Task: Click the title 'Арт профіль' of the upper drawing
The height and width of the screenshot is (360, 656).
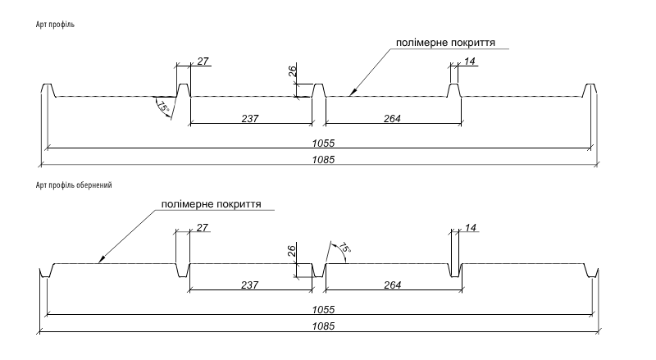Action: pyautogui.click(x=55, y=25)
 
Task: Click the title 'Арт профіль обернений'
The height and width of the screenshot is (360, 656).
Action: pyautogui.click(x=74, y=185)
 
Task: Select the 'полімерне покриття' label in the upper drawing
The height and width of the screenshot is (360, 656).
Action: pyautogui.click(x=445, y=43)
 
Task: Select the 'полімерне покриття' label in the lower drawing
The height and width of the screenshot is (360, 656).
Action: pyautogui.click(x=212, y=204)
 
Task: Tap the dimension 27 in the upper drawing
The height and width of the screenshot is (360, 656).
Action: pyautogui.click(x=203, y=62)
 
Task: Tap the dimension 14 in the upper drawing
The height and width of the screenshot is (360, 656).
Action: pyautogui.click(x=470, y=62)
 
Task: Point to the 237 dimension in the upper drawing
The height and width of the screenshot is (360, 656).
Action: pyautogui.click(x=250, y=119)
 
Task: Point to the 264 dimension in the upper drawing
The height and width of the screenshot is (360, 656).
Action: pyautogui.click(x=392, y=119)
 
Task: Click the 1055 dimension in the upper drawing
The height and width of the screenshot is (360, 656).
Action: pyautogui.click(x=323, y=144)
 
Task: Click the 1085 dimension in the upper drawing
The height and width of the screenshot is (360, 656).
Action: pyautogui.click(x=323, y=159)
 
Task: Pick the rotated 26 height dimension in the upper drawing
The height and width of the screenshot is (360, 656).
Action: pyautogui.click(x=293, y=71)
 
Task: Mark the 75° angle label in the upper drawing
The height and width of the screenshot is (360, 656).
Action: pyautogui.click(x=162, y=107)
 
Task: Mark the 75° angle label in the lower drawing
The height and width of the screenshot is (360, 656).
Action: pyautogui.click(x=344, y=248)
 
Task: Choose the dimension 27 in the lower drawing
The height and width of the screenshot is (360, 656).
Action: pyautogui.click(x=202, y=228)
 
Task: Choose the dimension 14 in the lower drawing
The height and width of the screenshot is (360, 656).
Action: pyautogui.click(x=471, y=228)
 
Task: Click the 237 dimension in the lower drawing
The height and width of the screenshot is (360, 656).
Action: pyautogui.click(x=249, y=285)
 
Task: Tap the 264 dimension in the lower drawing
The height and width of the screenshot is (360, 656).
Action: pyautogui.click(x=393, y=285)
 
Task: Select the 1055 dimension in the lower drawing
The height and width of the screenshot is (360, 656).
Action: pyautogui.click(x=323, y=310)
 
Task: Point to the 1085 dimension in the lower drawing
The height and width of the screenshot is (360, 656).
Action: pyautogui.click(x=323, y=326)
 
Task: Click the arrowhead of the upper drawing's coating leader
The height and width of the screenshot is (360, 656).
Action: pyautogui.click(x=353, y=93)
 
